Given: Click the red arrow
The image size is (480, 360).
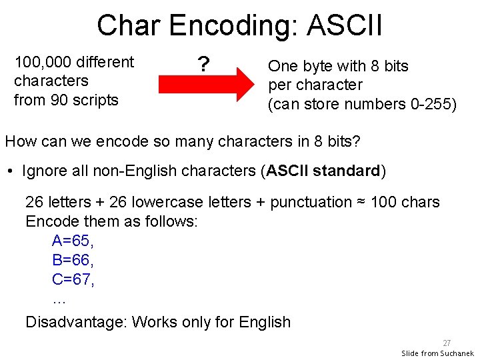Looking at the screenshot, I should pyautogui.click(x=207, y=84).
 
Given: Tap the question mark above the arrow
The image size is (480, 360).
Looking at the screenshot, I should pyautogui.click(x=203, y=65).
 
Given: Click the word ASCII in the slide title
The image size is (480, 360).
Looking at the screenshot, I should pyautogui.click(x=344, y=26).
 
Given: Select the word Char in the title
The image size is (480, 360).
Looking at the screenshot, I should pyautogui.click(x=129, y=26).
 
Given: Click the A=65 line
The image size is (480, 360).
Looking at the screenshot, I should pyautogui.click(x=73, y=241).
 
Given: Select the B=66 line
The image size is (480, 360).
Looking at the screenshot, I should pyautogui.click(x=73, y=260).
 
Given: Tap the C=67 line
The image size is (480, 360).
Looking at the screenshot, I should pyautogui.click(x=73, y=279).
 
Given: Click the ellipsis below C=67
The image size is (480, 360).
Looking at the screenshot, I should pyautogui.click(x=59, y=299).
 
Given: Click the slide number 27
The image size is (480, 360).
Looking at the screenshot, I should pyautogui.click(x=447, y=343).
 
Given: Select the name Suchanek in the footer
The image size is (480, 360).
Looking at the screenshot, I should pyautogui.click(x=457, y=353).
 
